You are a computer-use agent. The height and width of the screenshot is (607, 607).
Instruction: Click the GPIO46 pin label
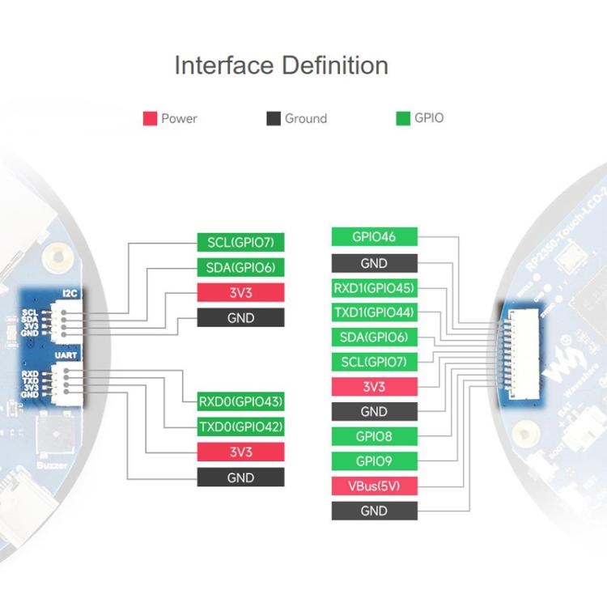click(x=374, y=238)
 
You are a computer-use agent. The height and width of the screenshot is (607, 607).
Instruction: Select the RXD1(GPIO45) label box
click(x=374, y=287)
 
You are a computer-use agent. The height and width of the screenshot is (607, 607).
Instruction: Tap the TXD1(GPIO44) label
click(x=374, y=312)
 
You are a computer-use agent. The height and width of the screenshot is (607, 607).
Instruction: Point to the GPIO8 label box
click(x=374, y=436)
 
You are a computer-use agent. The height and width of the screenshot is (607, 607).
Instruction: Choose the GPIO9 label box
click(x=374, y=461)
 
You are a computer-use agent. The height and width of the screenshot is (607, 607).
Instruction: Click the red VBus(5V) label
click(x=374, y=486)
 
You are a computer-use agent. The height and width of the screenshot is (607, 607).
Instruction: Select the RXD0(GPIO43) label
click(x=240, y=401)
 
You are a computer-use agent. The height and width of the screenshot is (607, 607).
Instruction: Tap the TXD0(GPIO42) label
click(x=240, y=427)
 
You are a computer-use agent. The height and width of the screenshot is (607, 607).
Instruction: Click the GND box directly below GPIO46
click(x=374, y=263)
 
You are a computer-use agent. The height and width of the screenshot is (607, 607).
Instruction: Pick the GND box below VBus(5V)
click(x=374, y=511)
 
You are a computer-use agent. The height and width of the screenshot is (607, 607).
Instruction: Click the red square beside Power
click(x=149, y=118)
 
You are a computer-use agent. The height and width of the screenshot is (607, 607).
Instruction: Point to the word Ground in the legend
click(x=305, y=118)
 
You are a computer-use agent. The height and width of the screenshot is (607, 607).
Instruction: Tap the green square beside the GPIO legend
click(x=402, y=118)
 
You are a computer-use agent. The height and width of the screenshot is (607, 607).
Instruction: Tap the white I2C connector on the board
click(x=62, y=319)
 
